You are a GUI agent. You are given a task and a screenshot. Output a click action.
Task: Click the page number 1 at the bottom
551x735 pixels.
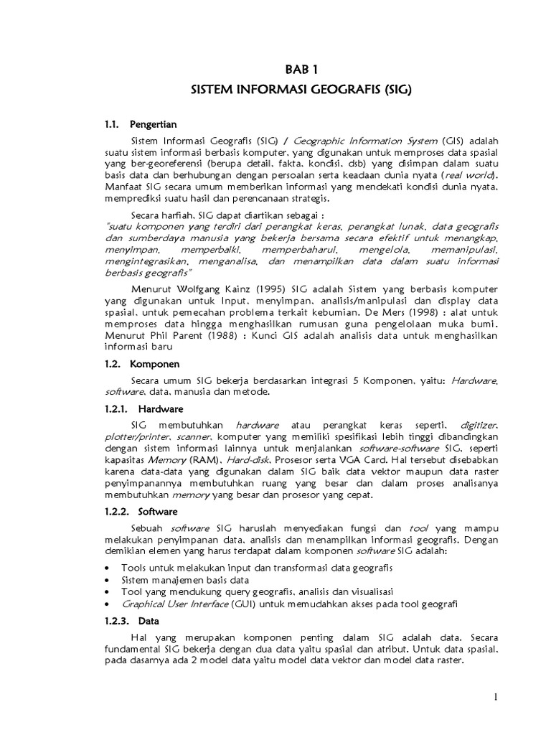click(495, 696)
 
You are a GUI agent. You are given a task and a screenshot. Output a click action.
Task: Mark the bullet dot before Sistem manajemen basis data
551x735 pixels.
click(107, 580)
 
